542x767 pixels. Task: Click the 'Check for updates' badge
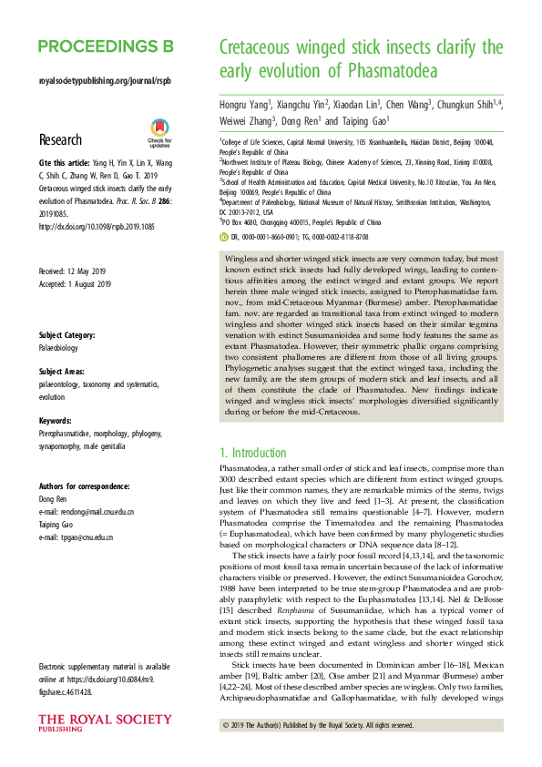point(159,134)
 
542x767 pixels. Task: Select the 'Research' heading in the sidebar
point(62,139)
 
